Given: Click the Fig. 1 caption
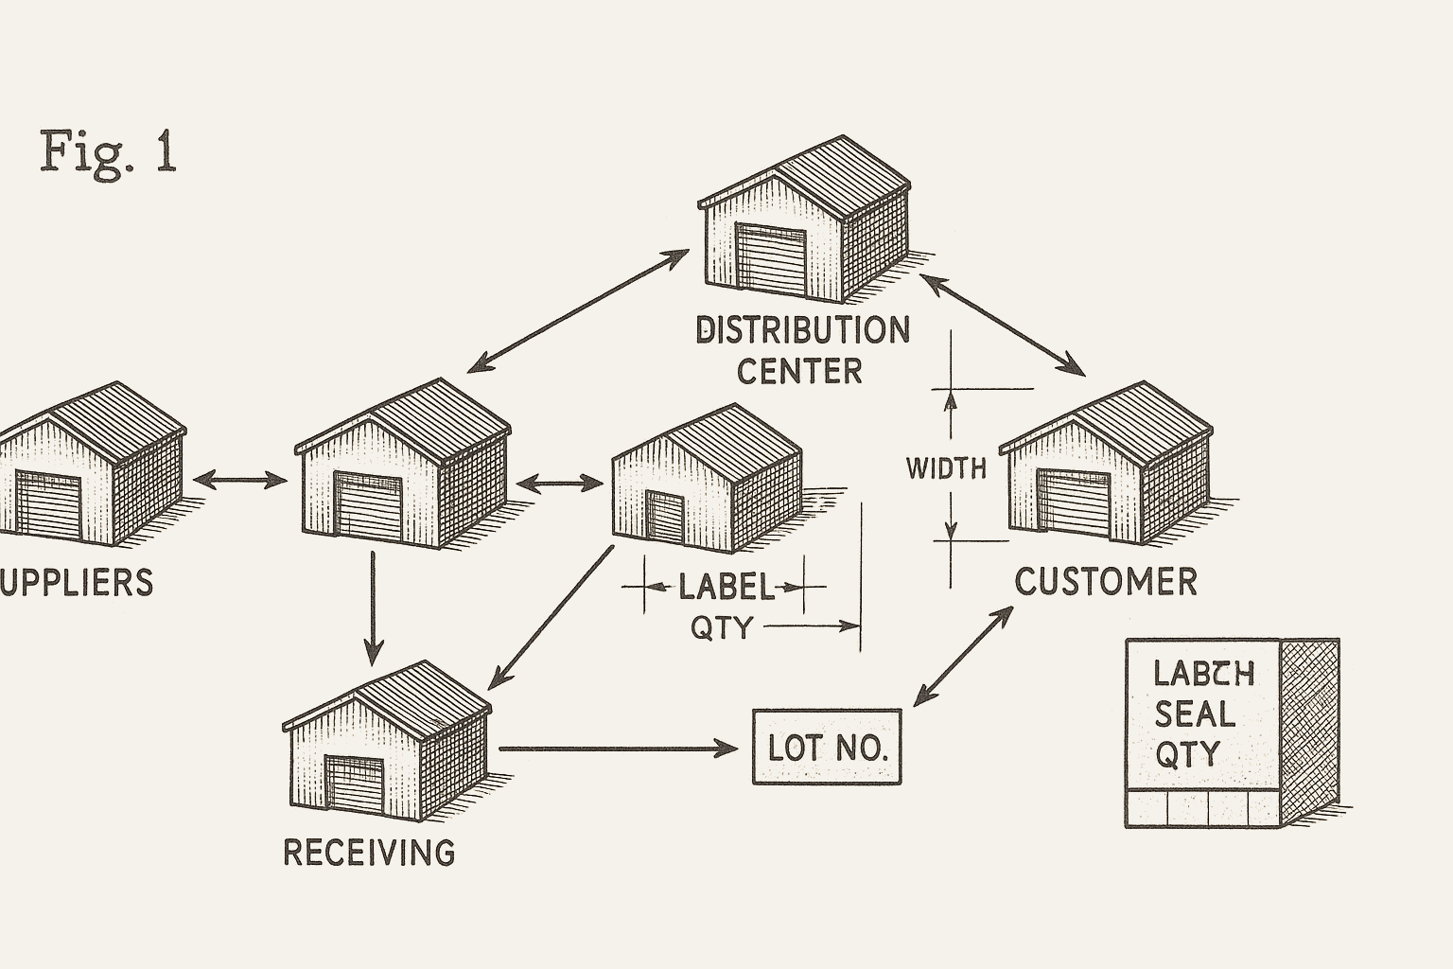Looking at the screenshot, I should pos(109,151).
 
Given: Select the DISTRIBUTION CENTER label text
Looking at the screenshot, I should pos(802,350).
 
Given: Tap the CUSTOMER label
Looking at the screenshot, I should pos(1106,582).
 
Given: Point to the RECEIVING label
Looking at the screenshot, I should pos(369,853).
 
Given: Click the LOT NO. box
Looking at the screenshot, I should pos(827,748).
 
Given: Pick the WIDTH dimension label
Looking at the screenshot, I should pos(946,468).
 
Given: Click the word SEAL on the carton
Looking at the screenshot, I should pos(1195,714).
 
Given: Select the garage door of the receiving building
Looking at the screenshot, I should pos(355,784).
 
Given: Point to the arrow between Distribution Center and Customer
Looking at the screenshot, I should pos(1003,324).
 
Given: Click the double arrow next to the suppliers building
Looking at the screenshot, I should pos(240,481).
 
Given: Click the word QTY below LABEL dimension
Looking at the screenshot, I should pos(721,627).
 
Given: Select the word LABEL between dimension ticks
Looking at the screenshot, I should pos(725,588).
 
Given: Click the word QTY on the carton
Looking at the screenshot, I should pos(1188,754).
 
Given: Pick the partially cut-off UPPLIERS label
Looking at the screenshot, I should pos(76,583).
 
